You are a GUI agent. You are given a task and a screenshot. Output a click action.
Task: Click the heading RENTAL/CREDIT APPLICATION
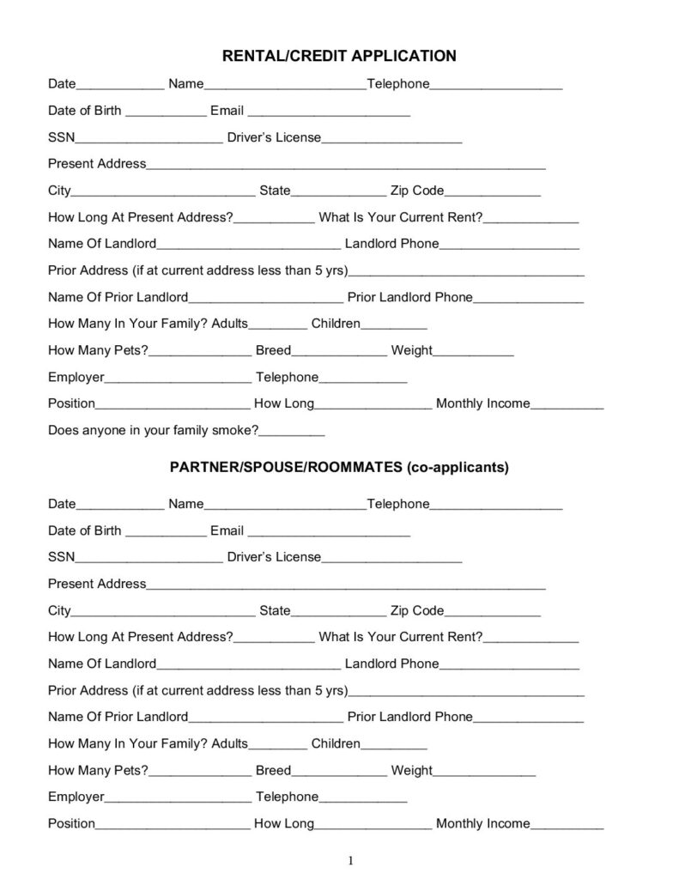tap(339, 56)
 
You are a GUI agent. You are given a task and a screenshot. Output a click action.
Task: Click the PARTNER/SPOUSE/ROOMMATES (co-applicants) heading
tap(339, 468)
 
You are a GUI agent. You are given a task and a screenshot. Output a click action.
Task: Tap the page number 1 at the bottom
tap(351, 861)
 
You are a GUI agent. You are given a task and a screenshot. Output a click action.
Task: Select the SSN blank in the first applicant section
tap(149, 139)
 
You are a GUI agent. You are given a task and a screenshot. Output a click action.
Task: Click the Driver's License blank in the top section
tap(391, 139)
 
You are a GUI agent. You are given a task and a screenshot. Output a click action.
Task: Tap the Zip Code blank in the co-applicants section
tap(492, 612)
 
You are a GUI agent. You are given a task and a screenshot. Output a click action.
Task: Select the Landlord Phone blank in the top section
tap(509, 246)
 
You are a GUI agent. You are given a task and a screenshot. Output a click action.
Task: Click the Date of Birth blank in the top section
tap(166, 112)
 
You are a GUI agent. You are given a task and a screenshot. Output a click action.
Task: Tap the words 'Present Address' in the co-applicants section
tap(97, 584)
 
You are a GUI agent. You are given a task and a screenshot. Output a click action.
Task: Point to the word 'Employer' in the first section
tap(76, 377)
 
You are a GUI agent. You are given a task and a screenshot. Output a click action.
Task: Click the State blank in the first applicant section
tap(339, 192)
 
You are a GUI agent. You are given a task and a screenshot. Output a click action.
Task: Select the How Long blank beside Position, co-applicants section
tap(373, 825)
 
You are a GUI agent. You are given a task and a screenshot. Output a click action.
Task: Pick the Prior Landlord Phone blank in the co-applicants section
tap(528, 718)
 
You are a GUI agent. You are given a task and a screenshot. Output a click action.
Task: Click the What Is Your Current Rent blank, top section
tap(530, 219)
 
